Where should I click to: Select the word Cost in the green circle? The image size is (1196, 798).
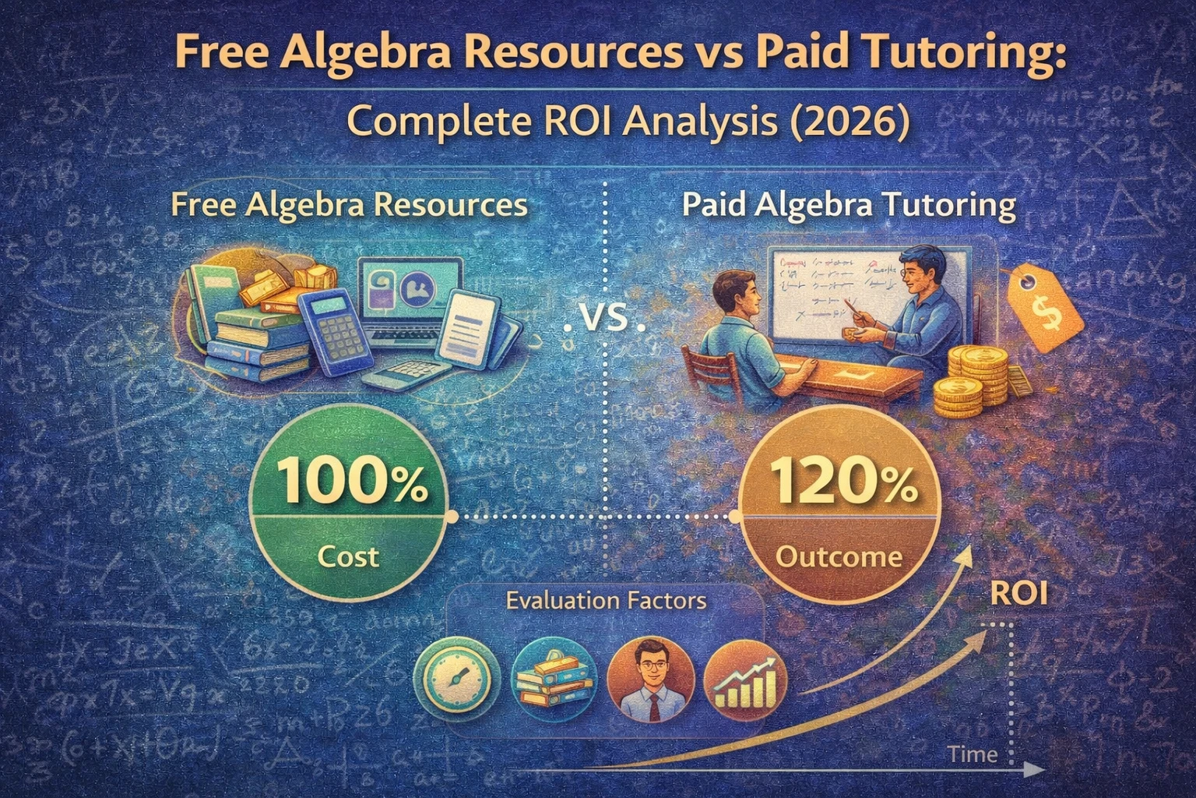pyautogui.click(x=348, y=556)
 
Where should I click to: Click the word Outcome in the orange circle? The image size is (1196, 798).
pyautogui.click(x=839, y=556)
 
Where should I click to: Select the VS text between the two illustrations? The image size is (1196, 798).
pyautogui.click(x=604, y=320)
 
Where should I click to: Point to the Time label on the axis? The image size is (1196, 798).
pyautogui.click(x=973, y=754)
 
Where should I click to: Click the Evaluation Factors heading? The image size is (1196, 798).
pyautogui.click(x=606, y=601)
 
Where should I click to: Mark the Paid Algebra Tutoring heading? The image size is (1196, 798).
pyautogui.click(x=849, y=206)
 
